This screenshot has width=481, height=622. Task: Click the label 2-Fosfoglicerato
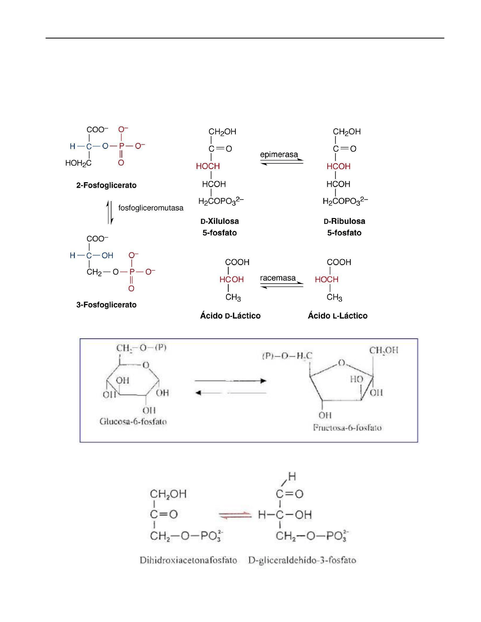coord(106,185)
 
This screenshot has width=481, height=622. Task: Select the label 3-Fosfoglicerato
coord(106,305)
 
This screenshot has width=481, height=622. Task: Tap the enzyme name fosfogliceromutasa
coord(151,208)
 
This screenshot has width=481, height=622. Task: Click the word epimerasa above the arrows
coord(279,154)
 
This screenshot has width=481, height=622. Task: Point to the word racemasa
coord(277,278)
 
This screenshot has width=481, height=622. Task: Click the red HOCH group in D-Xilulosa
coord(208,166)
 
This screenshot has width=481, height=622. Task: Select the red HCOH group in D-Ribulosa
coord(338,166)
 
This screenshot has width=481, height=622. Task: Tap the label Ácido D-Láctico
coord(230,316)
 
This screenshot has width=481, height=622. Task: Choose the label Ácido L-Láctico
coord(338,316)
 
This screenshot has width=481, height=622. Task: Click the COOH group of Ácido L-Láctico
coord(339,262)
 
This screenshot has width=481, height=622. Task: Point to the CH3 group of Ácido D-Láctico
coord(233,297)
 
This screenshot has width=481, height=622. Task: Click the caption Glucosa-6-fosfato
coord(133,422)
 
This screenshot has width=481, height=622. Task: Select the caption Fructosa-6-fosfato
coord(347,428)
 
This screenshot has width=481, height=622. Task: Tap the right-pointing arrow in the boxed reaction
coord(231,381)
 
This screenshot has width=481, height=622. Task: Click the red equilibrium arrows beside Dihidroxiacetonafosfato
coord(235,515)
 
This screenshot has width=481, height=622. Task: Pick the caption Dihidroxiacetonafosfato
coord(188,560)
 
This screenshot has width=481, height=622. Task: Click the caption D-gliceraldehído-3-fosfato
coord(302,560)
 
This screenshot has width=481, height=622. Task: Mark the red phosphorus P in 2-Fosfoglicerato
coord(121,146)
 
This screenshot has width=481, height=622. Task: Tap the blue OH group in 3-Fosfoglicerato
coord(107,256)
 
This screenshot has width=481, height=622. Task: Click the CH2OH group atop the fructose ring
coord(384,350)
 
